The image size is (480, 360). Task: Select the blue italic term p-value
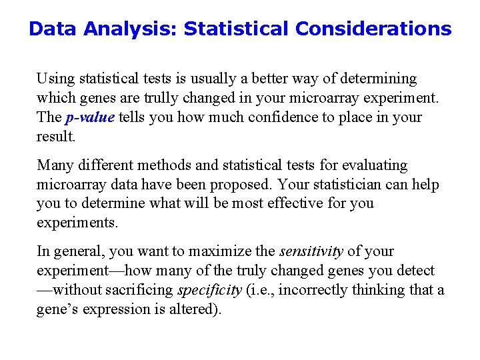point(90,118)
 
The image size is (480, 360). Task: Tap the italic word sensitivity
point(311,251)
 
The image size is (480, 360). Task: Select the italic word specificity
point(209,290)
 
